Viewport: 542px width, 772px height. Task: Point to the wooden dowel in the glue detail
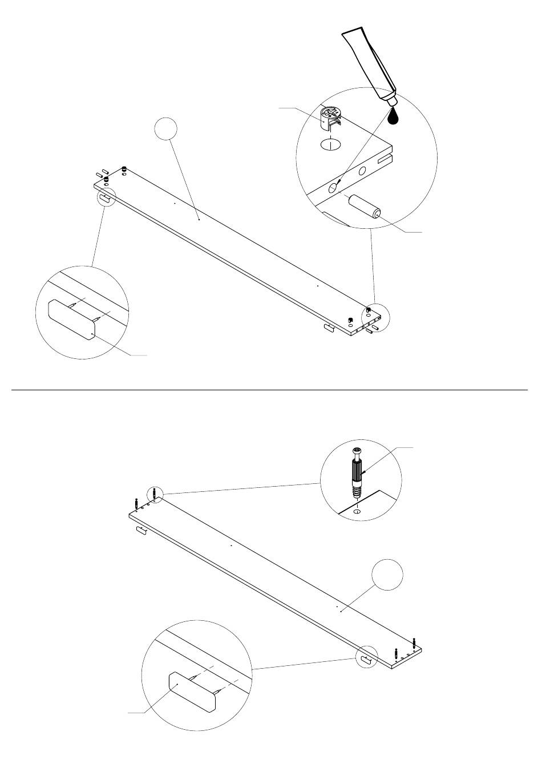point(365,206)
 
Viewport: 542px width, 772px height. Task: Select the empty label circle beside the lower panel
point(387,576)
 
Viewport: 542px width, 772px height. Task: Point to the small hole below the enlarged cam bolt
point(357,512)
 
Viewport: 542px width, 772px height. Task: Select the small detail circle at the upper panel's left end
point(106,197)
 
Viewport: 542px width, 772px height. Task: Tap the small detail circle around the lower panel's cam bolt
point(155,494)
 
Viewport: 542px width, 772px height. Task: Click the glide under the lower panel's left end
point(141,531)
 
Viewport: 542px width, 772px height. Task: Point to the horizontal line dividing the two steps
point(270,390)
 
